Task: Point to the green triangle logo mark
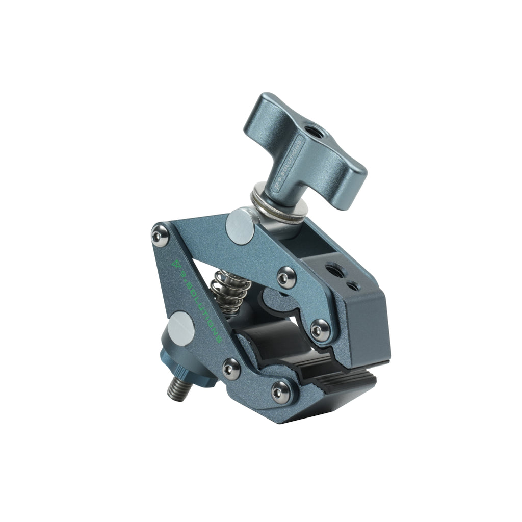pos(177,264)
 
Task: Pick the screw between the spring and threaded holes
pos(285,277)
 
